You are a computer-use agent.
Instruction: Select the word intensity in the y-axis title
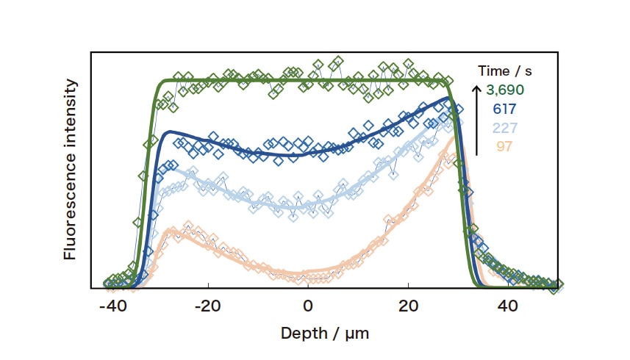click(x=71, y=117)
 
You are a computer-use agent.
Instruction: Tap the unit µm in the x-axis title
click(x=355, y=333)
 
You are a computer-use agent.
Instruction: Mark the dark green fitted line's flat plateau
click(x=309, y=79)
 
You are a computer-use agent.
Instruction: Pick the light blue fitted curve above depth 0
click(x=308, y=205)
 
